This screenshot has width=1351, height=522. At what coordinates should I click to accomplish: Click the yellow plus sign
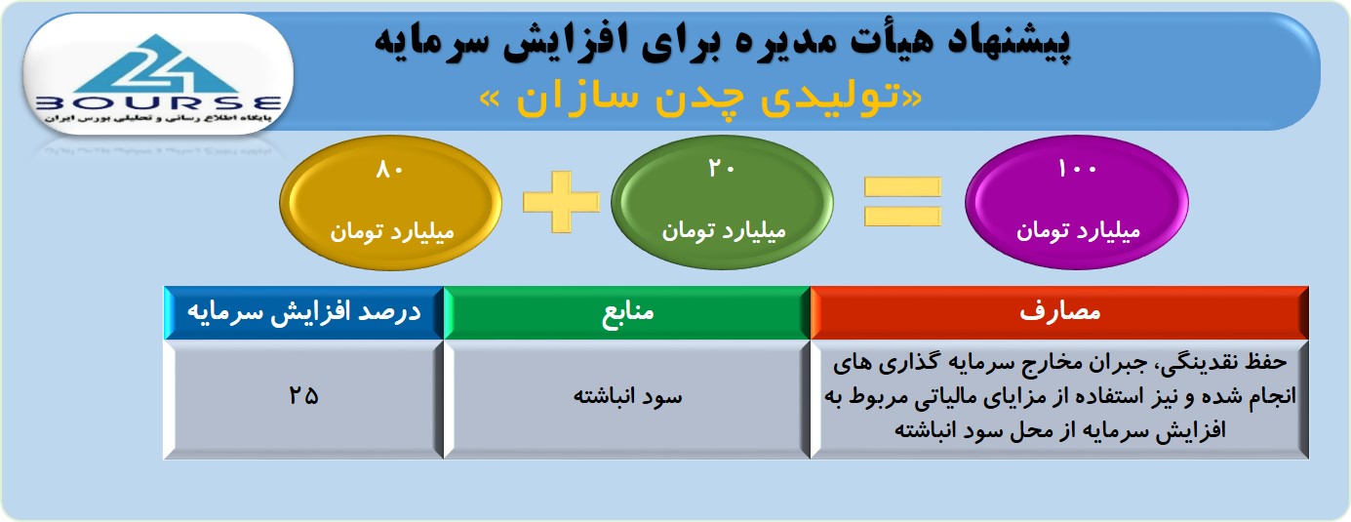[562, 202]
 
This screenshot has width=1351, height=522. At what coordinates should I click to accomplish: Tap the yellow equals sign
[902, 202]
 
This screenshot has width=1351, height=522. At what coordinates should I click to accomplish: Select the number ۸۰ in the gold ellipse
[390, 170]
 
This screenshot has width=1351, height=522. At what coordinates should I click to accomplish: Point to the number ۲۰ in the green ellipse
[722, 169]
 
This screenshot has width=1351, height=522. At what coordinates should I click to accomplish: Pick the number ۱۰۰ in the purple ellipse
[1077, 169]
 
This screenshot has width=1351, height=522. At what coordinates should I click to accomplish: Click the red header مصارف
[1059, 312]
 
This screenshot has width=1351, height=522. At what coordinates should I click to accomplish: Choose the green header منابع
[627, 312]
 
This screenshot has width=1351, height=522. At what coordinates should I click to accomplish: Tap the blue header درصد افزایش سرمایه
[304, 312]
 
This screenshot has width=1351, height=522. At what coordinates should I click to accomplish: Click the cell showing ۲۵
[304, 399]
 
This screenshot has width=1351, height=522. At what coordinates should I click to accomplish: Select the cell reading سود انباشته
[627, 399]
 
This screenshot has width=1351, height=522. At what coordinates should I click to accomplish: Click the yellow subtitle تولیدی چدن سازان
[700, 97]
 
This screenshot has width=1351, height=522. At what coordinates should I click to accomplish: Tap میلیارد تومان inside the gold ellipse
[391, 232]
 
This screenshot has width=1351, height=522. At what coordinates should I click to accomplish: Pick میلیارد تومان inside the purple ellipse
[1078, 231]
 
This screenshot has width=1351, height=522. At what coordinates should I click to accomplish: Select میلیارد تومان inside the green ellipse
[724, 231]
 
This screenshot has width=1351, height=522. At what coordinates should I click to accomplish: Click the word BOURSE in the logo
[158, 103]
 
